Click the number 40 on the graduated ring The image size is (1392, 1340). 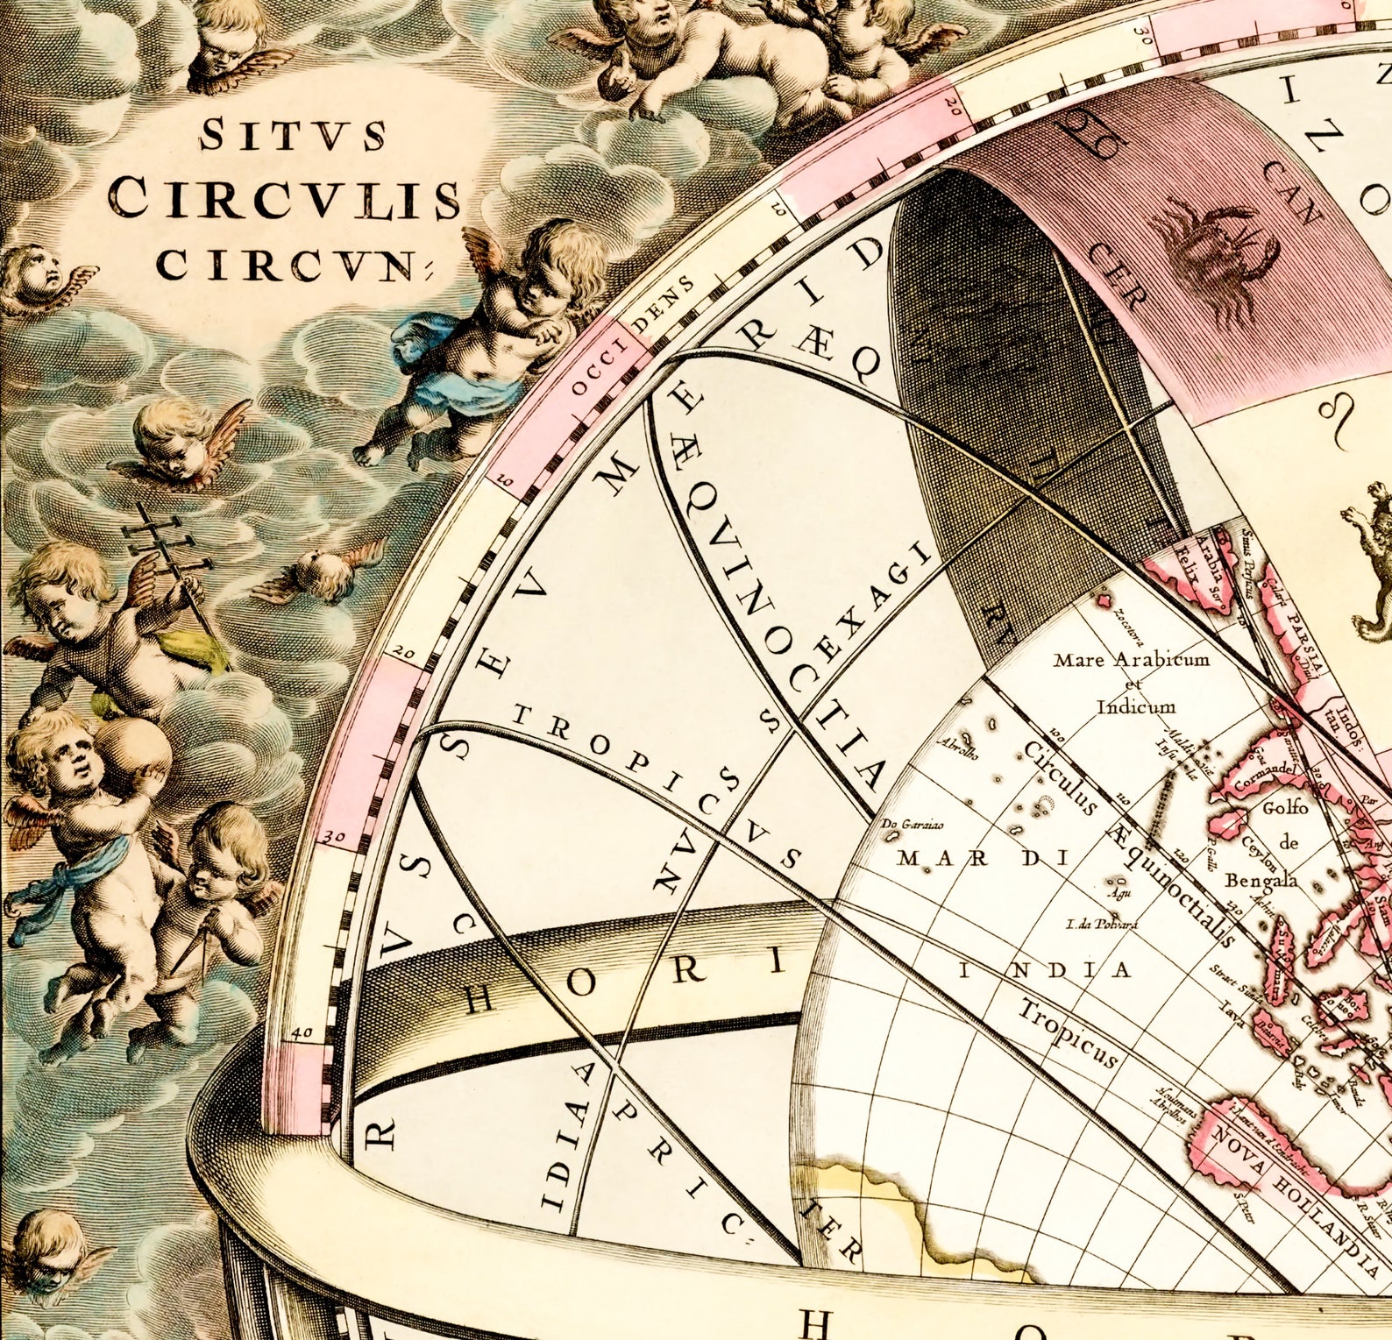[x=302, y=1032]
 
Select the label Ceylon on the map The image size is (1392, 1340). [x=1260, y=848]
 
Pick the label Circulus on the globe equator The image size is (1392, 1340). [x=1060, y=776]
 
